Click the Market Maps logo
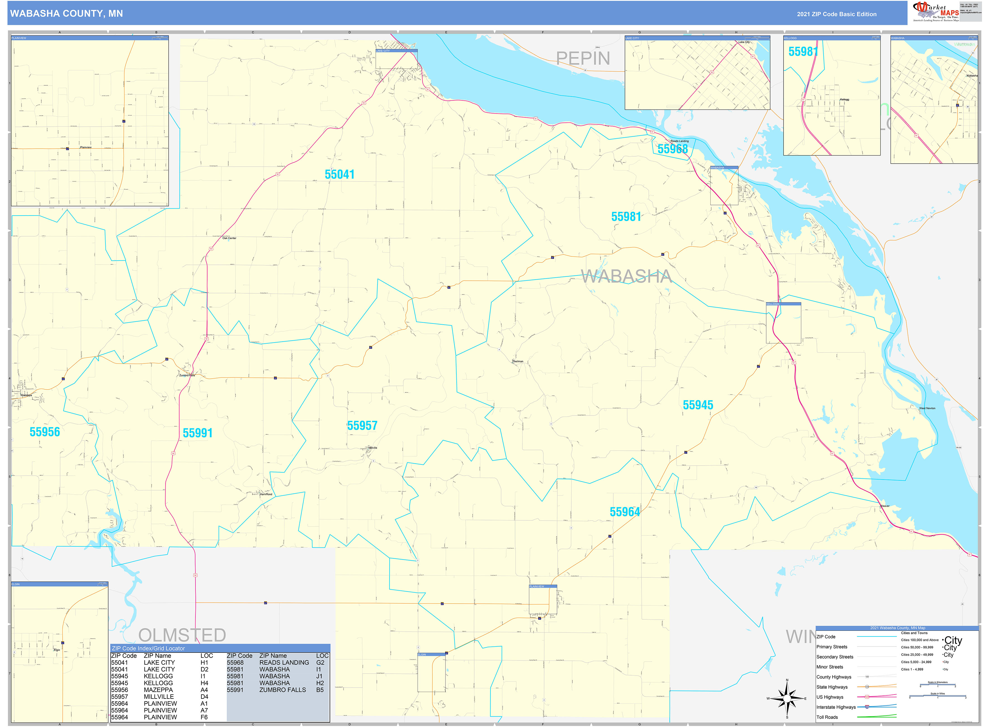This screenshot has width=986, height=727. [x=935, y=11]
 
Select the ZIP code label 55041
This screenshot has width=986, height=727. [x=339, y=174]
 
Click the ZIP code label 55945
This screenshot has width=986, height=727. [x=697, y=405]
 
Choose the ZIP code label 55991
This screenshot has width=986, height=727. [x=197, y=433]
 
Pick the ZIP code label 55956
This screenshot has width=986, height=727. [x=44, y=432]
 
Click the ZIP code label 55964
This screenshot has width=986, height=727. [x=624, y=512]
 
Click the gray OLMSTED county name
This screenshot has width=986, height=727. [x=182, y=635]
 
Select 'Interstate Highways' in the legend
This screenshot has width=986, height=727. [x=836, y=707]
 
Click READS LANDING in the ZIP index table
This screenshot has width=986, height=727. [x=284, y=663]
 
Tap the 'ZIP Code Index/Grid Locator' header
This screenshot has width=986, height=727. [x=148, y=648]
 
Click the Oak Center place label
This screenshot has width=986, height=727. [x=229, y=238]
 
